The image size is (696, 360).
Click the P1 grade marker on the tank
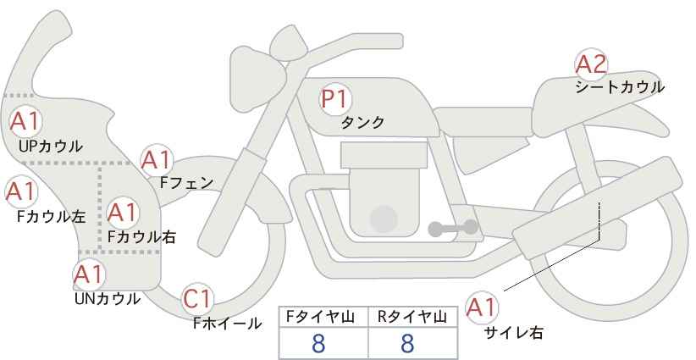coord(335,99)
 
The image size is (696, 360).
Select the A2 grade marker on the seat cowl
coord(591,64)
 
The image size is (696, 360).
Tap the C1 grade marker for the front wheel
coord(197,299)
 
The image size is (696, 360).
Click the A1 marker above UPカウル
coord(25,122)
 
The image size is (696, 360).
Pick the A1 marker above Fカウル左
coord(21,192)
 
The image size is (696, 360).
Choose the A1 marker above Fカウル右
coord(122,213)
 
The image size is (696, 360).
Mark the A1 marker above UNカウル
coord(89,274)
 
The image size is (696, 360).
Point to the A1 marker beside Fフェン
coord(157,160)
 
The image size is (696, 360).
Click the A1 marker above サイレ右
coord(481,308)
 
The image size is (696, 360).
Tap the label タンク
coord(362,123)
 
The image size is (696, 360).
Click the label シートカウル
coord(620,87)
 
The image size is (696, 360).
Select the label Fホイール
coord(227,324)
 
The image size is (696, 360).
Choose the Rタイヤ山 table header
coord(412,317)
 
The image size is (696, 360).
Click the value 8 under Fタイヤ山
coord(318,344)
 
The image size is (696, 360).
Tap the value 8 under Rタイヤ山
coord(407,344)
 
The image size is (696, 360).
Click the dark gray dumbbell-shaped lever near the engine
coord(453,228)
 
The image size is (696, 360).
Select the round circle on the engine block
coord(384,219)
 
